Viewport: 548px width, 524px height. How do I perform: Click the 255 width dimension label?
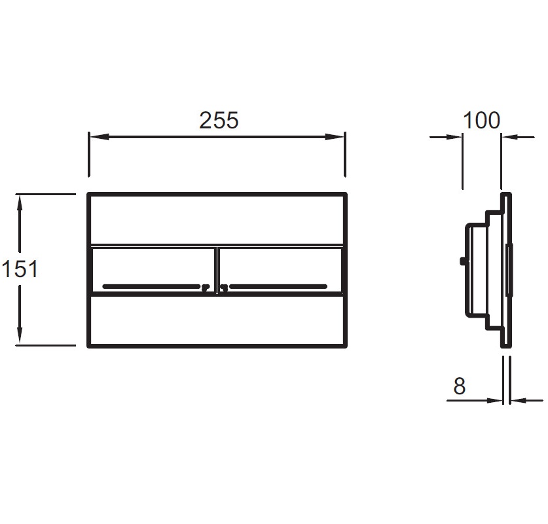219,121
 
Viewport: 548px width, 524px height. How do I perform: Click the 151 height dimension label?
20,269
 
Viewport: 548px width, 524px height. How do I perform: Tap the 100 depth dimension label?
481,121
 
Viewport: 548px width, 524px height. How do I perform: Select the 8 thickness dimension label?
459,386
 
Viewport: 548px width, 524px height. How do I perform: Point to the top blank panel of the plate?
217,219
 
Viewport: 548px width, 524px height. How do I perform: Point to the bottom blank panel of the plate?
217,321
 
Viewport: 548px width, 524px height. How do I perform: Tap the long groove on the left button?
152,287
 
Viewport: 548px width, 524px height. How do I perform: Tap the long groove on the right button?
278,287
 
